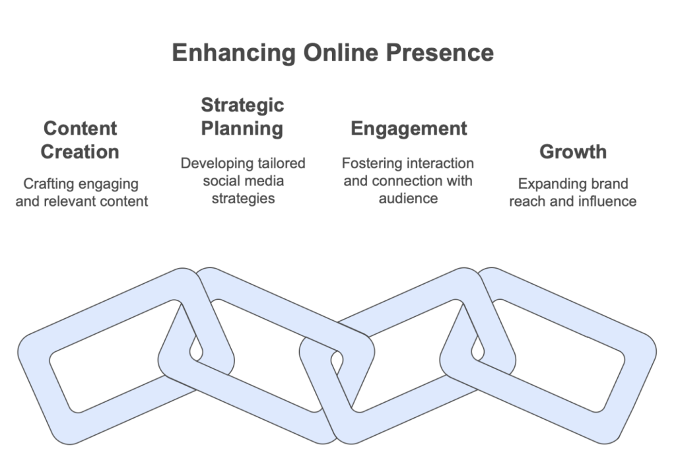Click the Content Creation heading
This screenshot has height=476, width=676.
click(x=80, y=140)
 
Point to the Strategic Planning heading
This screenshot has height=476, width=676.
click(x=242, y=117)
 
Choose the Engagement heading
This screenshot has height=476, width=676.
click(x=409, y=129)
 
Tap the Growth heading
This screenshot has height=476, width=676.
click(x=573, y=152)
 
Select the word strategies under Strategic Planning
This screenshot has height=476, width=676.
click(x=243, y=199)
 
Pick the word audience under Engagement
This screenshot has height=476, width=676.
click(x=408, y=198)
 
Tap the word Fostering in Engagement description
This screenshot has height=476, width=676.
click(x=372, y=164)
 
